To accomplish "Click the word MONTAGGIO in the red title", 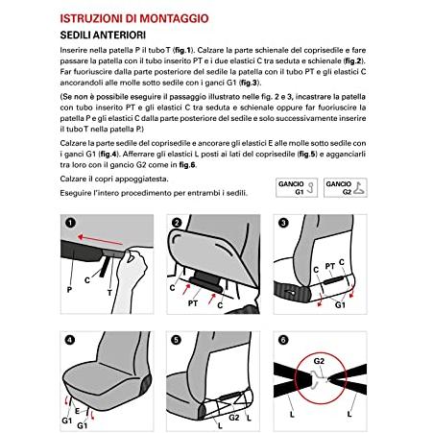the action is [x=174, y=18].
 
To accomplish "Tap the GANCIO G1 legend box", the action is [x=297, y=187].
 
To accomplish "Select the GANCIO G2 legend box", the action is [x=345, y=187].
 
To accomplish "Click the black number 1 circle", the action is [x=70, y=223].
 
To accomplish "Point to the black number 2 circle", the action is [x=177, y=223].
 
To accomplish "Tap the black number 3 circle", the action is [x=283, y=223].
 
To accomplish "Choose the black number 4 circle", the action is [x=70, y=340].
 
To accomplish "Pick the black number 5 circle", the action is [x=177, y=340].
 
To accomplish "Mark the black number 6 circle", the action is [x=283, y=340].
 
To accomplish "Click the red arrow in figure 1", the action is [x=100, y=240].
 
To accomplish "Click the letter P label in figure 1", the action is [x=69, y=290].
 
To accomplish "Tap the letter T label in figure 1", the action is [x=109, y=293].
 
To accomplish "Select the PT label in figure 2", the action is [x=193, y=302].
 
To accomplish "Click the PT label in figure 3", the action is [x=329, y=266].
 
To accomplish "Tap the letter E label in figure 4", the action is [x=77, y=411].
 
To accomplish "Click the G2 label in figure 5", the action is [x=234, y=418].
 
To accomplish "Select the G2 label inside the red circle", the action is [x=319, y=361].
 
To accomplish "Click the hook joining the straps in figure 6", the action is [x=316, y=380].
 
